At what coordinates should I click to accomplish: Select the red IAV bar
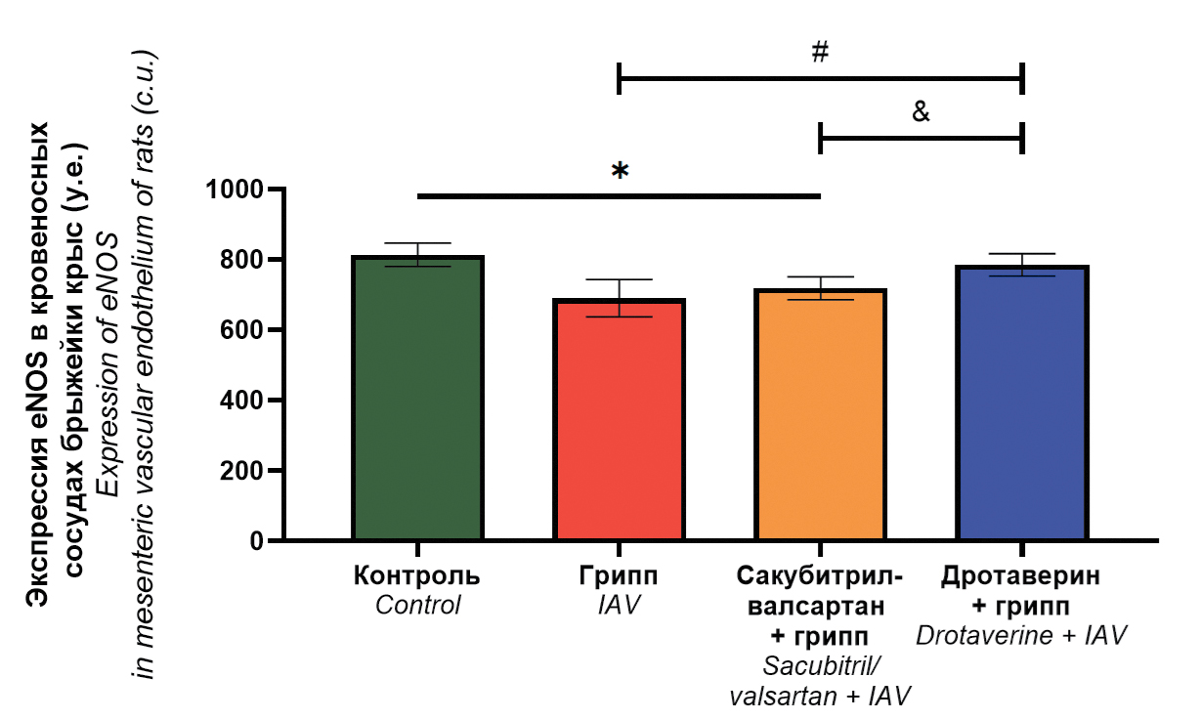tap(619, 420)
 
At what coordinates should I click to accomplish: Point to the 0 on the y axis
tap(257, 541)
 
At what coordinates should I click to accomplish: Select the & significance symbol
tap(921, 111)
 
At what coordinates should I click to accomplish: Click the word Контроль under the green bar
tap(417, 575)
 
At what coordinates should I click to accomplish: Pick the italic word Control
tap(417, 606)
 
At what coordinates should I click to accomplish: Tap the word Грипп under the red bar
tap(619, 575)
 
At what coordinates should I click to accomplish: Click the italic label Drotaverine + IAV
tap(1021, 636)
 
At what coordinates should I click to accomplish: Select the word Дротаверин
tap(1021, 575)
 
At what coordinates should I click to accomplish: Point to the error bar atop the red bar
tap(619, 297)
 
